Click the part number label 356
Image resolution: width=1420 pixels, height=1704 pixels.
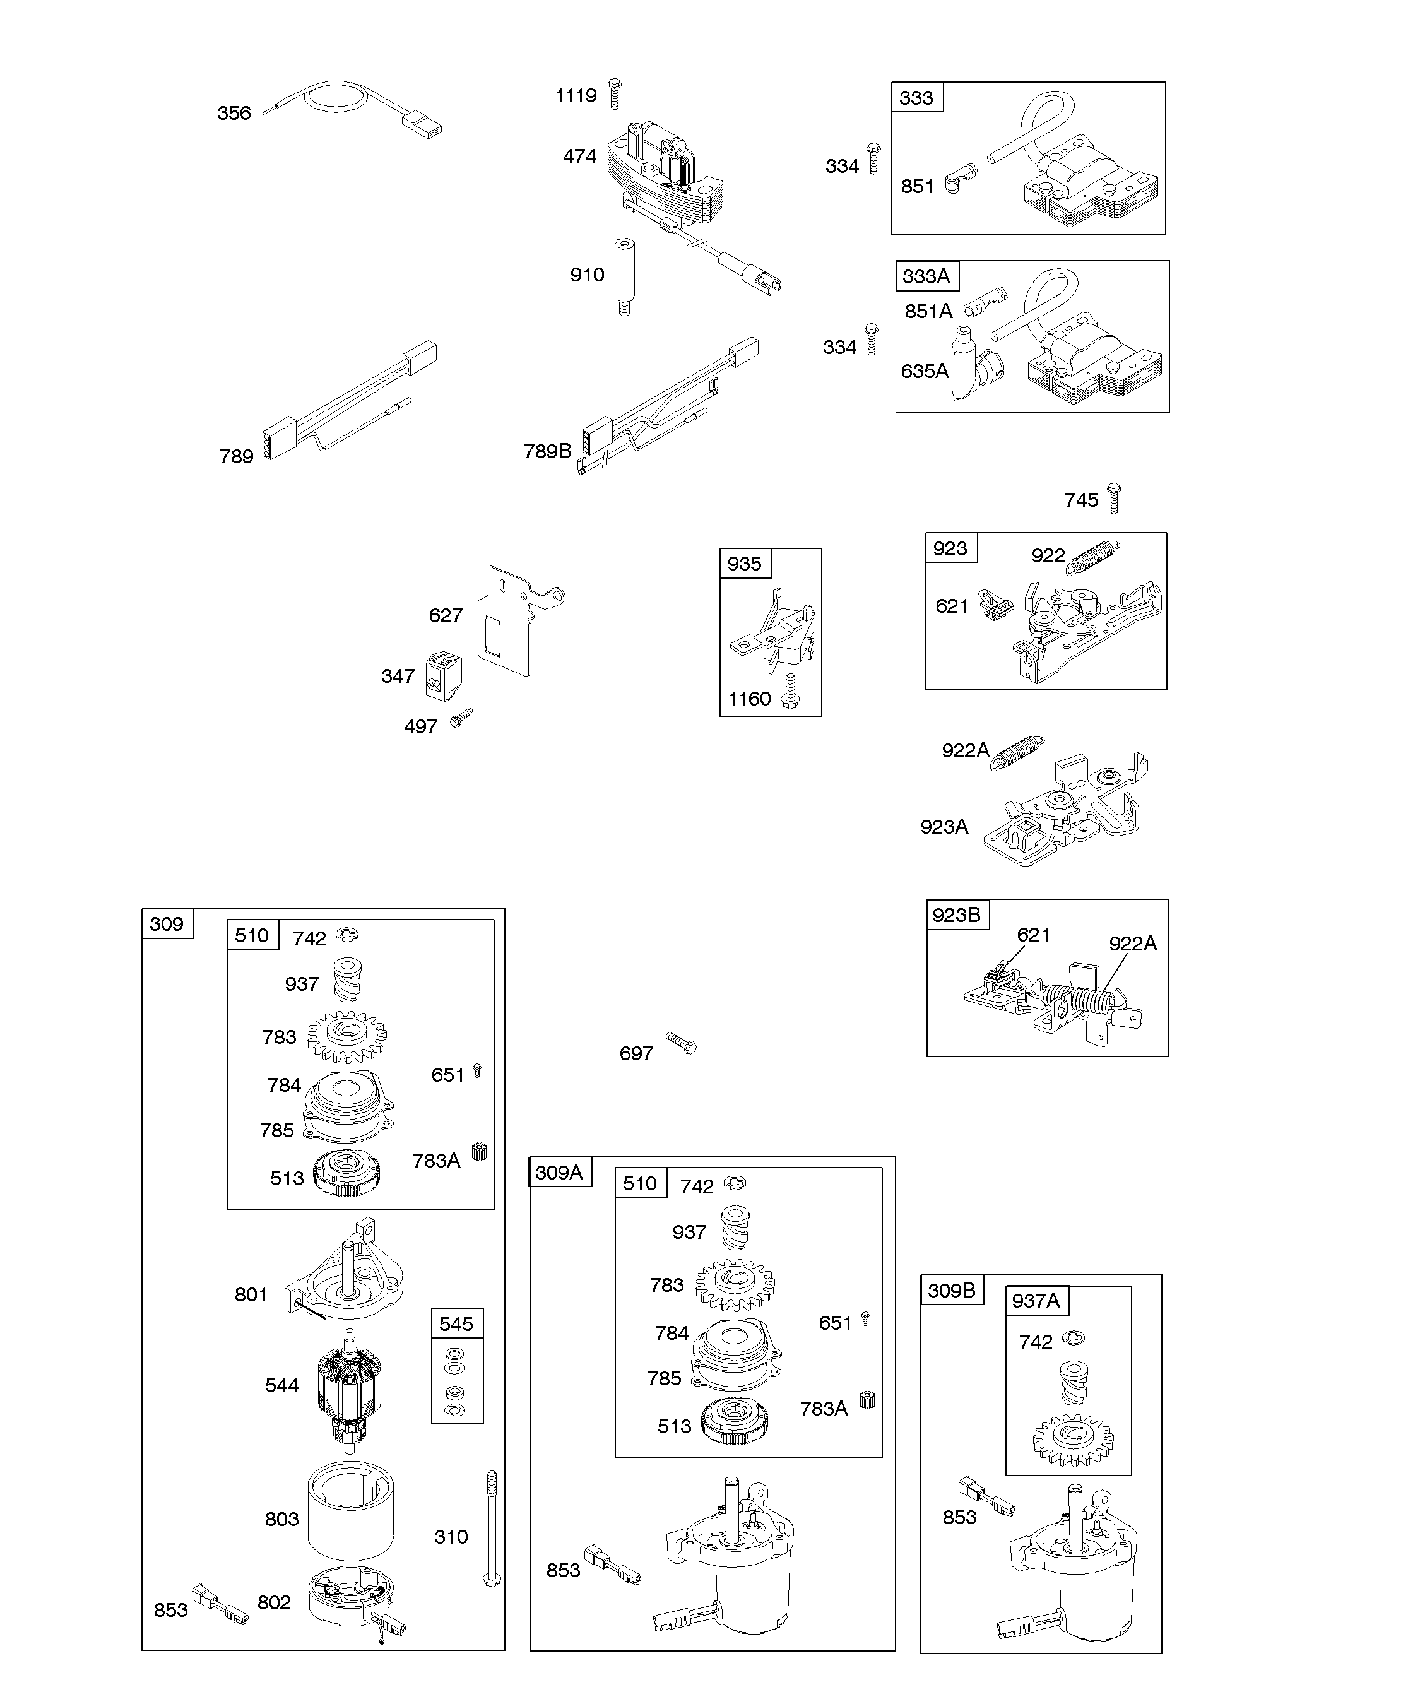pyautogui.click(x=234, y=114)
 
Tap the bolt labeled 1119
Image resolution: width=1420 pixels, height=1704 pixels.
pyautogui.click(x=614, y=94)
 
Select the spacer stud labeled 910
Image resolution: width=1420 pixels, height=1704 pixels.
pyautogui.click(x=624, y=276)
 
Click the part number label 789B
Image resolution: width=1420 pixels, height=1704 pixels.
pyautogui.click(x=547, y=451)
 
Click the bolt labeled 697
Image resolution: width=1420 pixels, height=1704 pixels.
pyautogui.click(x=682, y=1043)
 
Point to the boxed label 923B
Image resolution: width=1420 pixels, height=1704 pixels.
pyautogui.click(x=957, y=915)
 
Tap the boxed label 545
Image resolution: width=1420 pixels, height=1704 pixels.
pyautogui.click(x=456, y=1324)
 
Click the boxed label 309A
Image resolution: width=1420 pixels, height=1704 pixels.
pyautogui.click(x=559, y=1173)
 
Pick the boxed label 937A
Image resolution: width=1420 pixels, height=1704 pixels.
pyautogui.click(x=1036, y=1301)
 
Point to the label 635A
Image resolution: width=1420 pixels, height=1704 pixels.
pyautogui.click(x=924, y=372)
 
